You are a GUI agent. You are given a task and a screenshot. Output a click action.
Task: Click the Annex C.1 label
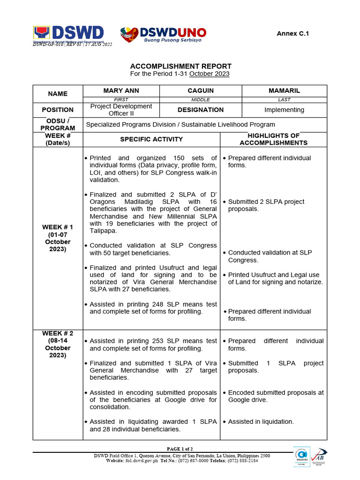tap(293, 33)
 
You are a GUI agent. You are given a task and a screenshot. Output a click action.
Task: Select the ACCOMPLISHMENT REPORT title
tap(180, 66)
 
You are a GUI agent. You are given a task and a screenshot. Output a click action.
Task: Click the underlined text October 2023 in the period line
tap(209, 74)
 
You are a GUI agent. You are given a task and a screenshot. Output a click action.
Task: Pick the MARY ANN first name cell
tap(121, 90)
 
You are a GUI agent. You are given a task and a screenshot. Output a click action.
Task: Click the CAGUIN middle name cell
tap(201, 90)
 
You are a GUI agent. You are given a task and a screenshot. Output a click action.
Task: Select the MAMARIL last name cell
tap(284, 90)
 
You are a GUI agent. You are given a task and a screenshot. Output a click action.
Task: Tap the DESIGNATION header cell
tap(201, 110)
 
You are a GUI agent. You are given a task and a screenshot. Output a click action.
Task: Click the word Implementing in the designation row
tap(284, 110)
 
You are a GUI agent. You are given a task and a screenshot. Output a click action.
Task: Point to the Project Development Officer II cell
tap(121, 110)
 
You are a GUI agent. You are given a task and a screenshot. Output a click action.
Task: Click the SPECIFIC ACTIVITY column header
tap(151, 139)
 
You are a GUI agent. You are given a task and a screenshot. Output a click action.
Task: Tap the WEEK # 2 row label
tap(58, 344)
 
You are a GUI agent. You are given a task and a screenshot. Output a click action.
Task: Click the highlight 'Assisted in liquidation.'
tap(261, 421)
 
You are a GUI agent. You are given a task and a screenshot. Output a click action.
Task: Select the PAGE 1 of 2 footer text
tap(180, 449)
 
